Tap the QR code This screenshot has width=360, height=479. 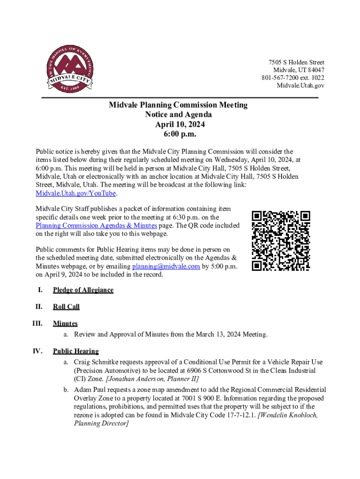pos(281,241)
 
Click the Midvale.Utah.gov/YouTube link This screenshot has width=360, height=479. pos(76,194)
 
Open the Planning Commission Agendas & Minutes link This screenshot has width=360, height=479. pos(96,225)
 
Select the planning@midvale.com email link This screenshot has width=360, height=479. pos(166,266)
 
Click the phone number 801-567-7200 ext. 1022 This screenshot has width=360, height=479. pos(293,78)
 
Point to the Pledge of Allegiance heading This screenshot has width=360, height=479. pos(83,290)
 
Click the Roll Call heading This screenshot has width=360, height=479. pos(66,307)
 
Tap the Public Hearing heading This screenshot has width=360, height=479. pos(76,351)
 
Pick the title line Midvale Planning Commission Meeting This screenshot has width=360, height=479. pos(178,105)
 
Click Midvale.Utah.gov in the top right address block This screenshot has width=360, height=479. pos(301,85)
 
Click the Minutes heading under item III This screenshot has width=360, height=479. pos(65,323)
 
